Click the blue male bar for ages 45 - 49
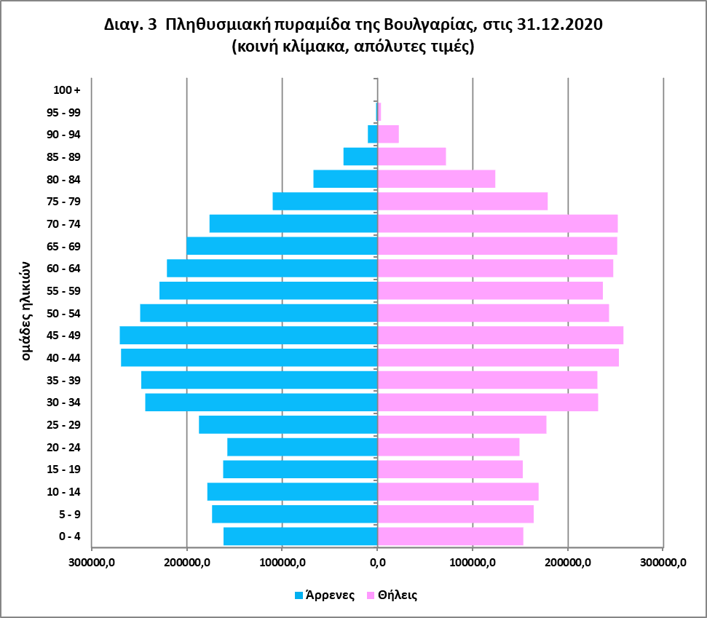point(248,336)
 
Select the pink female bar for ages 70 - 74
point(497,223)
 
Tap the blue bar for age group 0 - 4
point(300,536)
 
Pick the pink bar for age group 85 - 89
point(411,157)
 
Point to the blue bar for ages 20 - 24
point(302,447)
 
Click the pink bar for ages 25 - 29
point(462,424)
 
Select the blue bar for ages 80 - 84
point(345,179)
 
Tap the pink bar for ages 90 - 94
point(388,134)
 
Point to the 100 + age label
point(67,90)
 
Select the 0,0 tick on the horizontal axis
point(377,563)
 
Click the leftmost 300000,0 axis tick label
point(92,563)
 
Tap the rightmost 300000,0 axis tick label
point(663,563)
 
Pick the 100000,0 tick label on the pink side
point(473,563)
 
